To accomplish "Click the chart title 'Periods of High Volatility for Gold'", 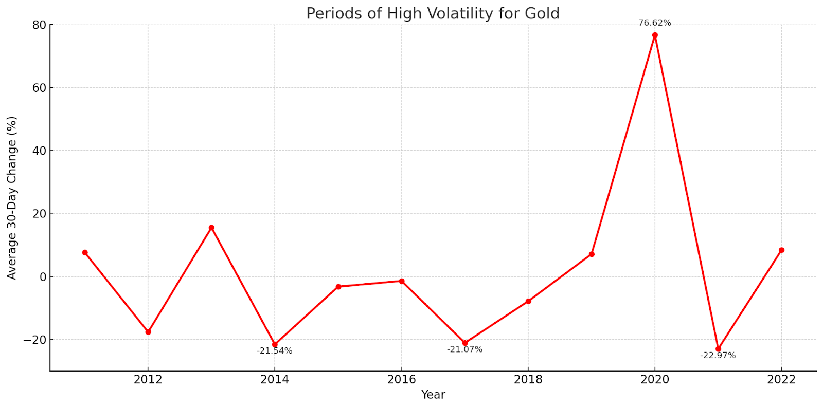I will point(433,13).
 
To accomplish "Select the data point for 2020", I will point(655,35).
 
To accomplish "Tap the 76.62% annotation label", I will point(654,23).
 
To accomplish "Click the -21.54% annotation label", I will point(274,351).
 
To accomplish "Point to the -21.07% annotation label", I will point(464,349).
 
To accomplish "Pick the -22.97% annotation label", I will point(718,355).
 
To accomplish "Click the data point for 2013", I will point(211,228).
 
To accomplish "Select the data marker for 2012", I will point(148,332).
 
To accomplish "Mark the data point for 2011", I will point(85,252).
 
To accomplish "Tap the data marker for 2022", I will point(781,250).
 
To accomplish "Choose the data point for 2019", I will point(592,254).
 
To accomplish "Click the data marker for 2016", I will point(402,281).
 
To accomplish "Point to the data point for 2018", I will point(528,301).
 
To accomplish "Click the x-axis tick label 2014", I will point(275,380).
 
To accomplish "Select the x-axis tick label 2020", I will point(655,380).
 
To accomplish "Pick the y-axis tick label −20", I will point(34,340).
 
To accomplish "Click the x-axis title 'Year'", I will point(433,395).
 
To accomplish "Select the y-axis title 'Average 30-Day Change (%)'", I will point(12,198).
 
